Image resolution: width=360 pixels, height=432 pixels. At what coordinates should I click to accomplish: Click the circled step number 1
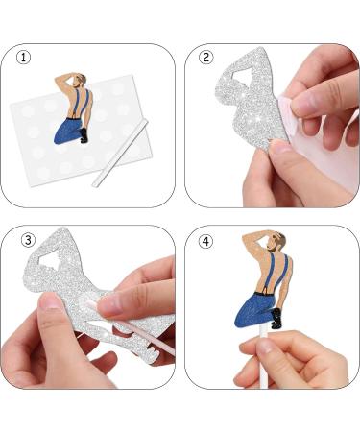[23, 58]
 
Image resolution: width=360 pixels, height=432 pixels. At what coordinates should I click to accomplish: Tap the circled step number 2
[204, 58]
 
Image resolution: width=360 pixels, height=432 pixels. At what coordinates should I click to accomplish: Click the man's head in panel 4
[275, 241]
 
